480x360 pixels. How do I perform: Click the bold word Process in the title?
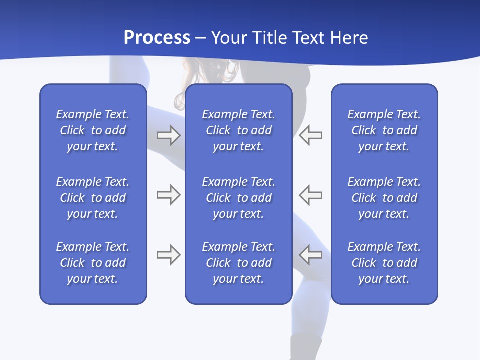pos(157,38)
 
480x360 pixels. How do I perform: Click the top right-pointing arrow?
pos(168,135)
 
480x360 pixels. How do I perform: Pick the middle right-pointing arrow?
pos(168,194)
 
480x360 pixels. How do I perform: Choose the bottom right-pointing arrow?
pos(168,255)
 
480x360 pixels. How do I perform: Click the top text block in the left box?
pos(93,130)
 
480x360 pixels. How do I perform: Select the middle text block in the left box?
pos(93,198)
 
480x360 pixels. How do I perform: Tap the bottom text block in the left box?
pos(93,263)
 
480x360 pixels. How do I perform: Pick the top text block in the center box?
pos(238,130)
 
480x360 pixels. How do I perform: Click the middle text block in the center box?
pos(238,198)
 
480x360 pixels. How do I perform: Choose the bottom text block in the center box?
pos(238,263)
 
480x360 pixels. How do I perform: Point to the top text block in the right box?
pos(384,130)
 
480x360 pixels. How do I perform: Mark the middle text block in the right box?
pos(384,198)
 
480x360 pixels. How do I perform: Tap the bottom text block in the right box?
pos(384,263)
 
